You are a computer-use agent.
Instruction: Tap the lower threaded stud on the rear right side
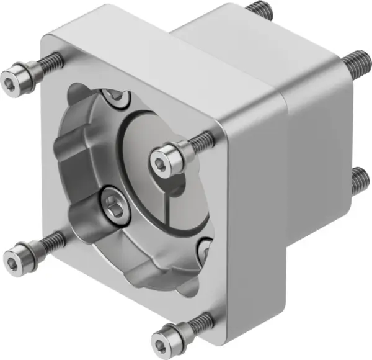pos(358,180)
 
